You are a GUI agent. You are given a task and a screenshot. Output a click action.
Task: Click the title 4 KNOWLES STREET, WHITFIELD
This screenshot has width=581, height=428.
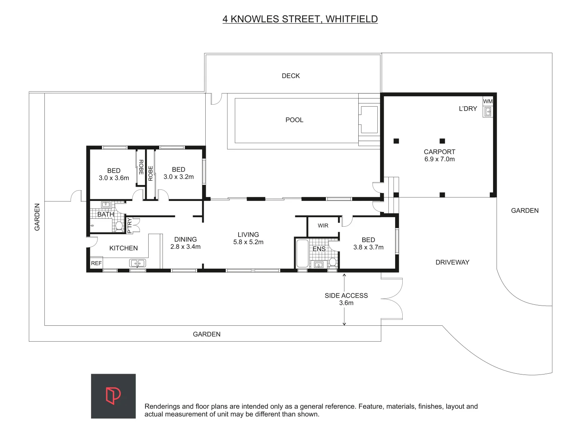click(300, 19)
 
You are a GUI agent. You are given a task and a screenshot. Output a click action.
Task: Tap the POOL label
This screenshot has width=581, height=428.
click(294, 120)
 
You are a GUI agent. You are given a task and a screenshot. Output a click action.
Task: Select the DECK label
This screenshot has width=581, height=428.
click(290, 76)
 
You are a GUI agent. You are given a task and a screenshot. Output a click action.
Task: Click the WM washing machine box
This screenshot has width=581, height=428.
click(487, 101)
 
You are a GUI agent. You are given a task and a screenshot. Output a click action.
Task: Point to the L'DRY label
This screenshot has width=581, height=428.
click(468, 109)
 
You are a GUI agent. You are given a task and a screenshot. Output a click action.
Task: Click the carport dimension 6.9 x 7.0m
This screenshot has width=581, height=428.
click(440, 159)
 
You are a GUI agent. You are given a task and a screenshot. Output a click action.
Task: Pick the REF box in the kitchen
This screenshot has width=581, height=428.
click(96, 263)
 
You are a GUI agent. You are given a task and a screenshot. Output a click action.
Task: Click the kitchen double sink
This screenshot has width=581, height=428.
click(138, 263)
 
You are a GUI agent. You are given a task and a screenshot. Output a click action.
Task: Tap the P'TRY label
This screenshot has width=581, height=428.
click(130, 225)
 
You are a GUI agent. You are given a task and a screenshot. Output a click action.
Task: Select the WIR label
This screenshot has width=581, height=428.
click(323, 225)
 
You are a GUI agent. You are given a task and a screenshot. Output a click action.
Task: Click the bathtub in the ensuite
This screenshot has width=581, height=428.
click(302, 254)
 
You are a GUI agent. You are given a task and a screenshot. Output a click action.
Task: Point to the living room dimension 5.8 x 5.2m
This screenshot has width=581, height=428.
click(248, 242)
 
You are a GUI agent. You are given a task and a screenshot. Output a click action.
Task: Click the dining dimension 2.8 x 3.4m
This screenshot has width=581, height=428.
click(185, 247)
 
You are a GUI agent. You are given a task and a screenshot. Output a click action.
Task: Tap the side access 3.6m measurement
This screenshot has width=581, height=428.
click(346, 303)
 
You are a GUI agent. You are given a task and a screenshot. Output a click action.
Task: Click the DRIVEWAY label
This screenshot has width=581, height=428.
click(452, 262)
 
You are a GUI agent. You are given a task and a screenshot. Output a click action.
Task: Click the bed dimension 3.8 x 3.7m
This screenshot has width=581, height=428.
click(368, 247)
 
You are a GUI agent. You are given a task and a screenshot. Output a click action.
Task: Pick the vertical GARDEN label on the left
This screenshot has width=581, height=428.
click(37, 217)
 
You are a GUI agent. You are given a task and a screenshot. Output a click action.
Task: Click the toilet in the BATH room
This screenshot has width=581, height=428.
click(119, 226)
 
